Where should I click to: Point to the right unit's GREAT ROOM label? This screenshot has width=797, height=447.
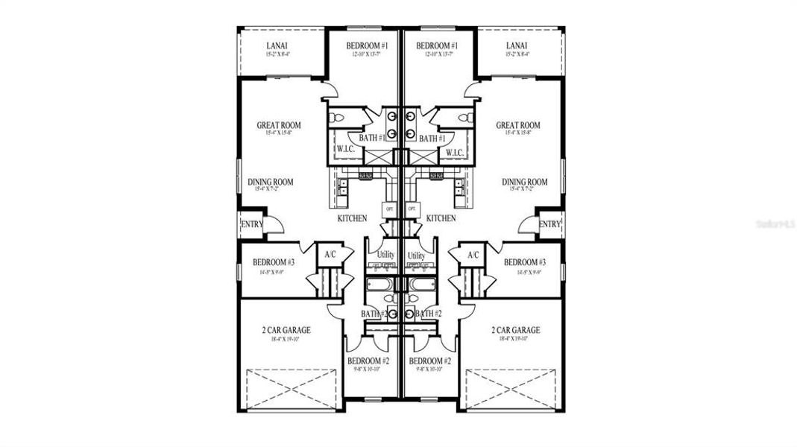click(518, 125)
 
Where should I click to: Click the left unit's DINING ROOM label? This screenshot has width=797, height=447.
click(271, 182)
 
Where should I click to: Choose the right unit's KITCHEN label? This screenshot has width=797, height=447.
click(441, 218)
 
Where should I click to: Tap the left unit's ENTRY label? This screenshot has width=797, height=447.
click(251, 224)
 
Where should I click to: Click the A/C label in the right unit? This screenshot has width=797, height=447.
click(473, 255)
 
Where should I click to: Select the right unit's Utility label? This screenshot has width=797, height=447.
click(416, 256)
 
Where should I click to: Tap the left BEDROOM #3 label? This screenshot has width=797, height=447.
click(274, 262)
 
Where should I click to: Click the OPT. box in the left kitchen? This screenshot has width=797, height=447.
click(390, 209)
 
